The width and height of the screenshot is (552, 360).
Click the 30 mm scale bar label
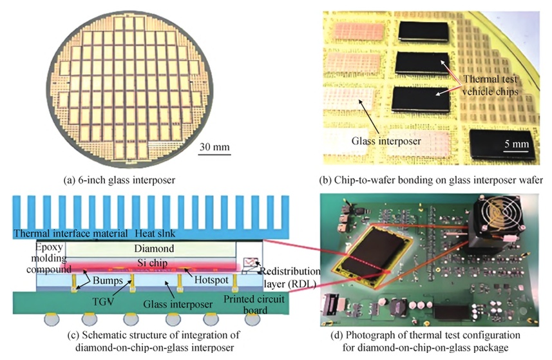[x=214, y=147]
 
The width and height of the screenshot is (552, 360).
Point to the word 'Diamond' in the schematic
[x=153, y=248]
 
